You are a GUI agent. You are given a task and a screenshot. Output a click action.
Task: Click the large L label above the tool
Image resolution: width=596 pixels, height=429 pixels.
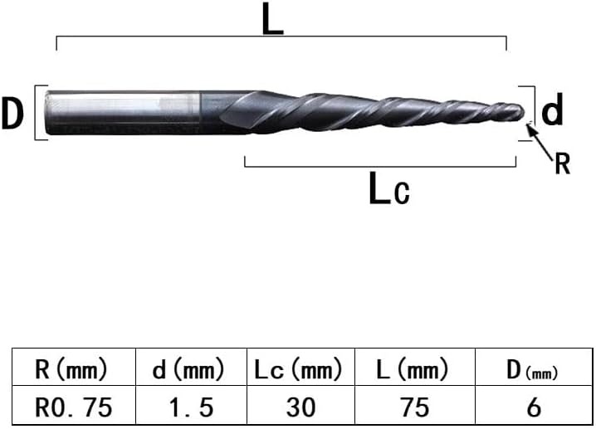pyautogui.click(x=273, y=19)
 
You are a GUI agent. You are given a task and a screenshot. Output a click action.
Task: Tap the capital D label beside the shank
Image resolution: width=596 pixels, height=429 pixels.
pyautogui.click(x=12, y=113)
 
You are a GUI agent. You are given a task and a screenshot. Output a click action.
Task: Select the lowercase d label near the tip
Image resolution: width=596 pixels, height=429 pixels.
pyautogui.click(x=552, y=109)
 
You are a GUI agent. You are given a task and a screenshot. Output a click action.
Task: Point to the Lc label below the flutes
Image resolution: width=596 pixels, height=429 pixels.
pyautogui.click(x=389, y=188)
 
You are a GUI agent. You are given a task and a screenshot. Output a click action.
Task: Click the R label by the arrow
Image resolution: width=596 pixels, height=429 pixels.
pyautogui.click(x=563, y=163)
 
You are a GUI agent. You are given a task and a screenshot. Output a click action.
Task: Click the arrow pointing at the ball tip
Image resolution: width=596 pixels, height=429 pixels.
pyautogui.click(x=539, y=140)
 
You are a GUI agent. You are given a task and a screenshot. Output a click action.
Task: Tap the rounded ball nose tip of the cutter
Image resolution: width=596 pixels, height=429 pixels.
pyautogui.click(x=519, y=112)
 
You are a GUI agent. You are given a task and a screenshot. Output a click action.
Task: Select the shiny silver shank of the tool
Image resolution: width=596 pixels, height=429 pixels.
pyautogui.click(x=122, y=113)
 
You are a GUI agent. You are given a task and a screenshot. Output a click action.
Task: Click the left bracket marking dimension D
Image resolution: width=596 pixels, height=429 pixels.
pyautogui.click(x=37, y=113)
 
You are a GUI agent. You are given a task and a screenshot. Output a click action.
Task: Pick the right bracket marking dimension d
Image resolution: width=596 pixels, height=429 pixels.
pyautogui.click(x=534, y=113)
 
